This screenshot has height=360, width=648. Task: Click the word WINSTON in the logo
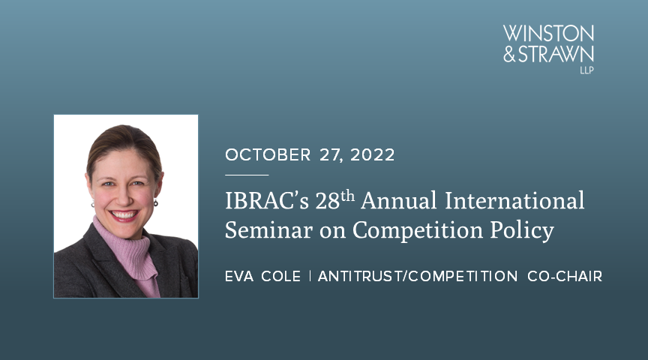(x=549, y=34)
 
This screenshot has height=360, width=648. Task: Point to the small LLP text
(x=586, y=70)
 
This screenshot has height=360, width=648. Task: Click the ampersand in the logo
(x=509, y=54)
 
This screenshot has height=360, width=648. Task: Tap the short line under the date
(x=246, y=174)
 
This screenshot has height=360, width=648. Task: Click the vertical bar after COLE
(x=310, y=277)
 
